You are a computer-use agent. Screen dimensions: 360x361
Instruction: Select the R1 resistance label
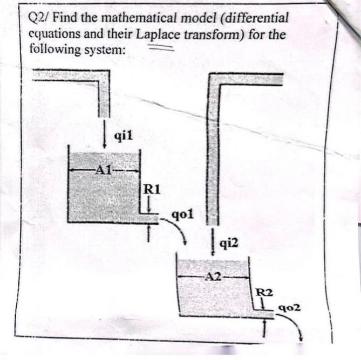tap(152, 189)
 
